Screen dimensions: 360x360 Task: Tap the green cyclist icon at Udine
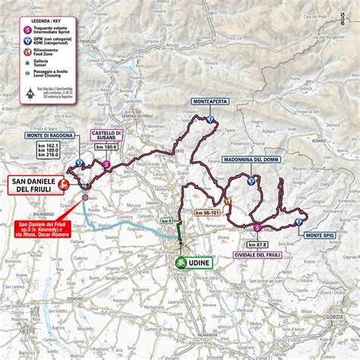(x=181, y=261)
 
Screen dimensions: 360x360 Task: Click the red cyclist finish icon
(x=65, y=183)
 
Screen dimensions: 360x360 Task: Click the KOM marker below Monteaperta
(x=210, y=118)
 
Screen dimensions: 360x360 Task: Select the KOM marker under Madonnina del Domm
(x=251, y=180)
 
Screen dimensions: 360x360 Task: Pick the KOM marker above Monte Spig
(x=300, y=221)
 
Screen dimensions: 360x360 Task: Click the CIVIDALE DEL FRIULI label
(x=257, y=254)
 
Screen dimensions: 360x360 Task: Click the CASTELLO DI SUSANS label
(x=106, y=135)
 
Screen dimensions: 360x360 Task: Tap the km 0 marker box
(x=166, y=221)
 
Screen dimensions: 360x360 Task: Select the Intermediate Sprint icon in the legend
(x=25, y=30)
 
